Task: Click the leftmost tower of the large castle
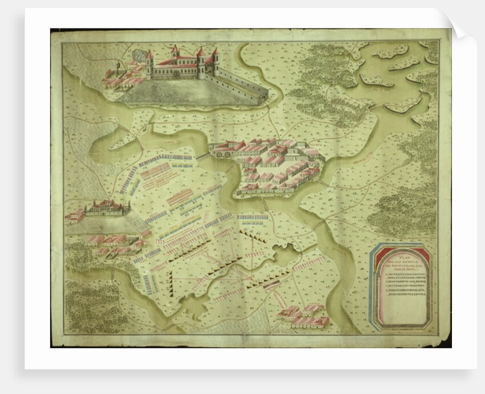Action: tap(149, 63)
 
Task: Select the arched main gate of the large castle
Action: tap(176, 73)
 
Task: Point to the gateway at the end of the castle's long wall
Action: tap(264, 95)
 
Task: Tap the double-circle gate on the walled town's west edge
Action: tap(219, 152)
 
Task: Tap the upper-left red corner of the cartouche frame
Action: tap(379, 252)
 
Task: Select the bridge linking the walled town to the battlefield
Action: tap(203, 155)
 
